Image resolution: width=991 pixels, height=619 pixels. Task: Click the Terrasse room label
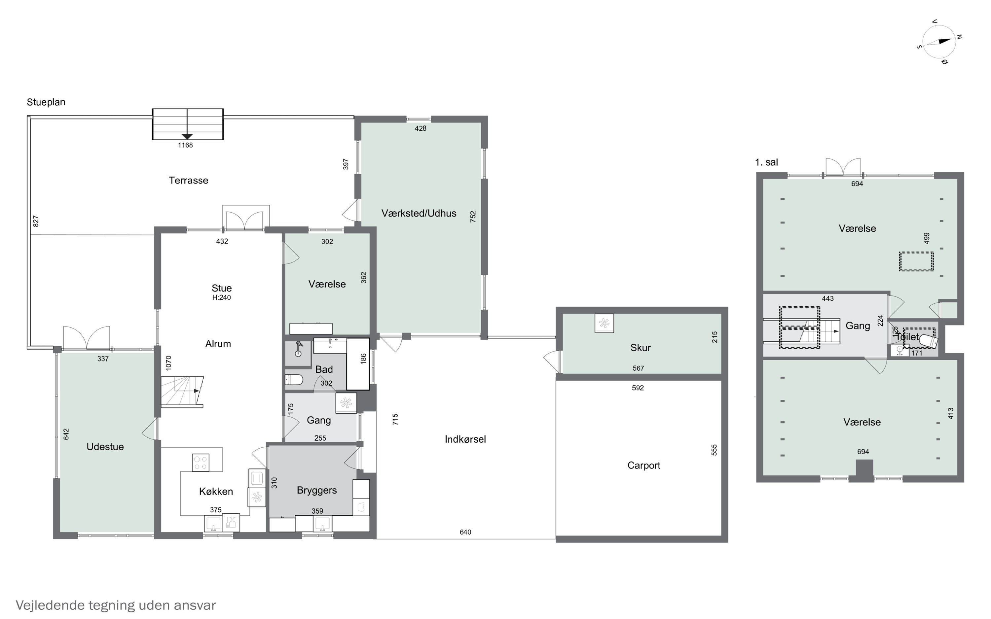pos(188,180)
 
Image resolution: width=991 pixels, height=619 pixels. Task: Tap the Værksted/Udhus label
pos(419,213)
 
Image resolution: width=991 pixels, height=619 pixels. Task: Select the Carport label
pos(644,465)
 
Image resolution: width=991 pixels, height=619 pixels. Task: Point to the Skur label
pos(641,348)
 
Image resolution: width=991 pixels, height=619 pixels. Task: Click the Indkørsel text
pos(465,439)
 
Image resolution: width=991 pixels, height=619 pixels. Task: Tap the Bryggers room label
pos(316,491)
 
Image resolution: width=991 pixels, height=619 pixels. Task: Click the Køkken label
pos(216,491)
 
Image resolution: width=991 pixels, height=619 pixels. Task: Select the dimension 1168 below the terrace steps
pos(185,145)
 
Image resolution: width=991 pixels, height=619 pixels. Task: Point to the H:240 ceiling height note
pos(222,298)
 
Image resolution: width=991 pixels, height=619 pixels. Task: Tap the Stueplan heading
pos(46,102)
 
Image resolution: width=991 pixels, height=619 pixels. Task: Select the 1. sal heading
pos(766,162)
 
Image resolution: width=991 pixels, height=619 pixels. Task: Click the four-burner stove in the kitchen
pos(201,463)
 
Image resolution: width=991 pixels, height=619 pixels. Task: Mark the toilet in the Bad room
pos(294,380)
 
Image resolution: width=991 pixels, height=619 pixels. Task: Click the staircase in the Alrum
pos(182,392)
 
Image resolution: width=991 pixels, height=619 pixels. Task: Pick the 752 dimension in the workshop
pos(473,217)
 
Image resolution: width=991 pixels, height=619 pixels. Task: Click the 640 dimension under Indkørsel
pos(465,532)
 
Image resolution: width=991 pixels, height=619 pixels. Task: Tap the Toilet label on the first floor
pos(907,336)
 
